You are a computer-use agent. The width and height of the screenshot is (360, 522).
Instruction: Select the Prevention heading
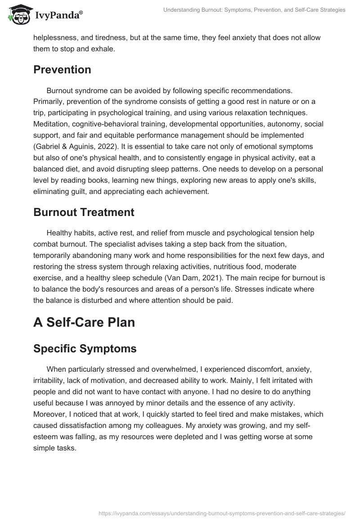coord(62,70)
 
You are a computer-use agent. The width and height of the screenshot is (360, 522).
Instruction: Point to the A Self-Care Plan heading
coord(84,323)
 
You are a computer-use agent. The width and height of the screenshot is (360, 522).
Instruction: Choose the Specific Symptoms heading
coord(85,349)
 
